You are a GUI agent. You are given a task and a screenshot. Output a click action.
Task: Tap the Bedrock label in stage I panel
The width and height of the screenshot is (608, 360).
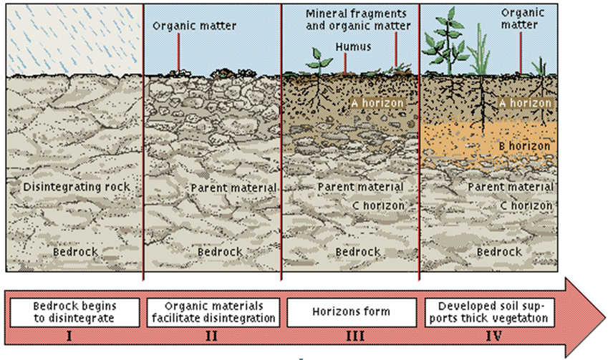pos(75,252)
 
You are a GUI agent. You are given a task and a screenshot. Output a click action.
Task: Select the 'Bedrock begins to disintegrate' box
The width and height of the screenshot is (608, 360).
pos(74,311)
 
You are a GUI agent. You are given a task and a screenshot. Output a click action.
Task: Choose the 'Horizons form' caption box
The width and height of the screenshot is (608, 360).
pos(352,311)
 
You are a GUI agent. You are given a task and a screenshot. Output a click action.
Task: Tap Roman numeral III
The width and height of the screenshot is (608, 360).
pos(352,334)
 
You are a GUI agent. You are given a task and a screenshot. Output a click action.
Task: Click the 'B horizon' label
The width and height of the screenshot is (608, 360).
pos(525,146)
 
